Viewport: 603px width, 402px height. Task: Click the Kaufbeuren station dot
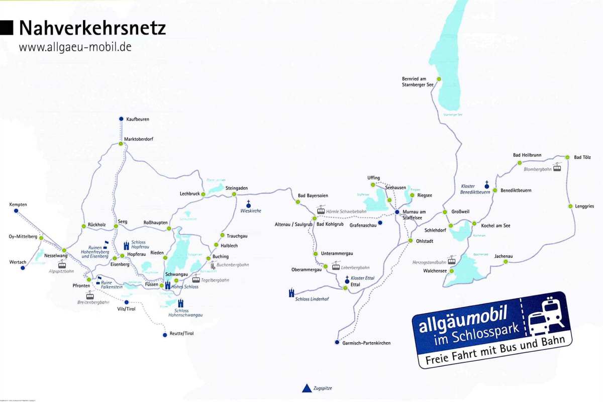click(121, 119)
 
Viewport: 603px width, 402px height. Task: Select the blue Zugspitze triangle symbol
click(306, 388)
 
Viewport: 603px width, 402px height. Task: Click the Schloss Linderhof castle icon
click(291, 292)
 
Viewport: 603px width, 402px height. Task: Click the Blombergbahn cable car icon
click(557, 166)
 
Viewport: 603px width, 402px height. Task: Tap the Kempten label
click(18, 205)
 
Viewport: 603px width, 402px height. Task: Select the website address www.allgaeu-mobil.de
click(75, 47)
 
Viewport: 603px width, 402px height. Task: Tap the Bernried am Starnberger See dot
click(439, 79)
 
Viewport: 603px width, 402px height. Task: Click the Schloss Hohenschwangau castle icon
click(181, 303)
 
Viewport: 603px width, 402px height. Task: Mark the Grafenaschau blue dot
click(380, 223)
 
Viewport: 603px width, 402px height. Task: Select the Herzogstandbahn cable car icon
click(452, 260)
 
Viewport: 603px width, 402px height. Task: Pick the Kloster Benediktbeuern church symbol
click(487, 185)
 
